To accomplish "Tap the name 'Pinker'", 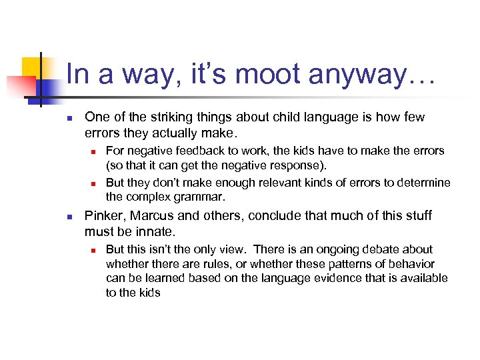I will [x=103, y=216].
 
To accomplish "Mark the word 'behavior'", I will [x=411, y=264].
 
